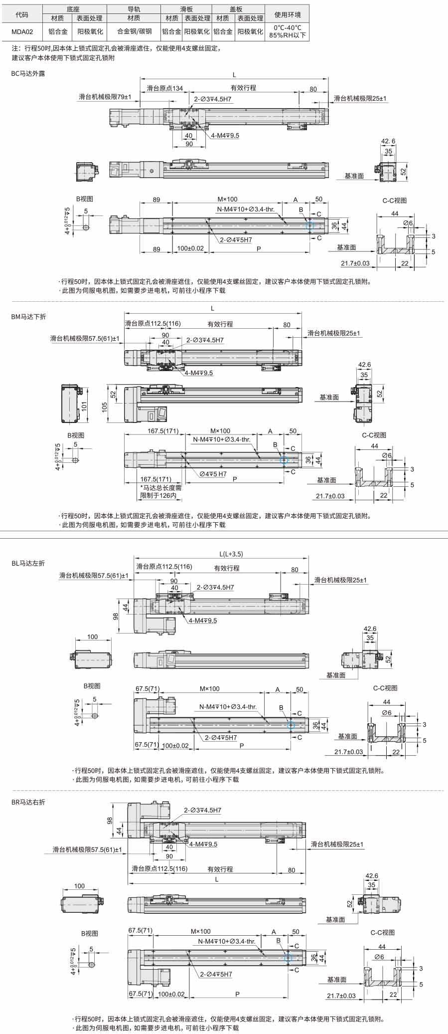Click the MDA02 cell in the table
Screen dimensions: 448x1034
pos(22,31)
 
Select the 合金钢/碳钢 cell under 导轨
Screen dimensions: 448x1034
pos(134,31)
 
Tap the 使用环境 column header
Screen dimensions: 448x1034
pos(288,14)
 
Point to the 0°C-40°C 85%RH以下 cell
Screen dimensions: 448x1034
pos(288,31)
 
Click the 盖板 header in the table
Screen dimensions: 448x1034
pos(236,9)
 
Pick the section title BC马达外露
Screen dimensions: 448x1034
pos(28,74)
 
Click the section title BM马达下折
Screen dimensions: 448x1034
pos(28,317)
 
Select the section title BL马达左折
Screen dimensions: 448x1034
pos(28,563)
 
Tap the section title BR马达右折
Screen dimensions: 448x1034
pos(28,802)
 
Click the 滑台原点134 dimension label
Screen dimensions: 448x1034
pos(164,88)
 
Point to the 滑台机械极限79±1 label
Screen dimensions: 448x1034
pos(105,97)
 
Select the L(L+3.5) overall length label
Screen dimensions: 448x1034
pos(231,554)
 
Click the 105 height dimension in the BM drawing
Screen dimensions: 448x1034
pos(105,407)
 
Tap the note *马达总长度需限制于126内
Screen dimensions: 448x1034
pos(160,492)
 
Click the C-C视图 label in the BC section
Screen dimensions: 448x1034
pos(395,201)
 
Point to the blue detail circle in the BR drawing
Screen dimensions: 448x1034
pos(288,957)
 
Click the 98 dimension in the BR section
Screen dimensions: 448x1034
pos(110,820)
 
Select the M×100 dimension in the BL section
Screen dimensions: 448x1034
pos(210,689)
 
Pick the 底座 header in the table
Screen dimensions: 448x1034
pos(73,9)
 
